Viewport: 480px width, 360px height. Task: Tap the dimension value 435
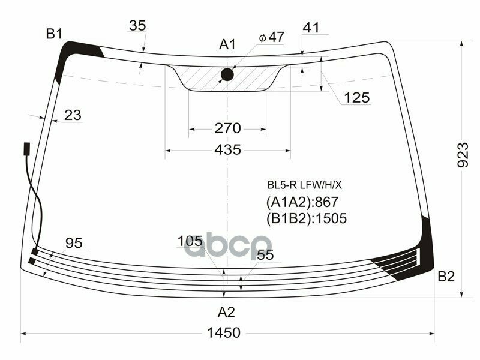tap(227, 149)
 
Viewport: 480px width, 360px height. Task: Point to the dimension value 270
tap(227, 128)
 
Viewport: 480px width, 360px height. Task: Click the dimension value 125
tap(357, 98)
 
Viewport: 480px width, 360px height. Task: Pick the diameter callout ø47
tap(272, 37)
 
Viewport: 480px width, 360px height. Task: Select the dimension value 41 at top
tap(311, 28)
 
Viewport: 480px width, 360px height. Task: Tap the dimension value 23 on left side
tap(72, 115)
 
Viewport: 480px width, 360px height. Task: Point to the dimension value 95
tap(74, 243)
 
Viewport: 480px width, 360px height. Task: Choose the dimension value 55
tap(265, 254)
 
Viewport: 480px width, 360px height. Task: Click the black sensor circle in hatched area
tap(227, 74)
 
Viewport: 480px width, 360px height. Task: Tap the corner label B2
tap(446, 277)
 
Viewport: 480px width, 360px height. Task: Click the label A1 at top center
tap(227, 44)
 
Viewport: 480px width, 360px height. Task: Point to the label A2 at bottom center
tap(226, 312)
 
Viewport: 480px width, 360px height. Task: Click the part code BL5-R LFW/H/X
tap(304, 185)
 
